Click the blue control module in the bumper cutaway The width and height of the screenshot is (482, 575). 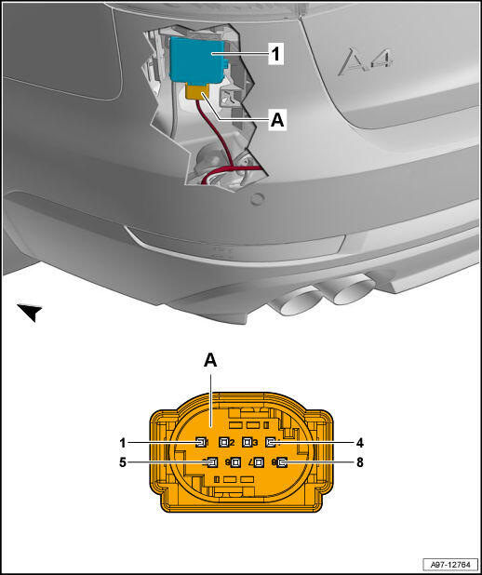point(198,60)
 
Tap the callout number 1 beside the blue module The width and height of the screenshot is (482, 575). point(275,54)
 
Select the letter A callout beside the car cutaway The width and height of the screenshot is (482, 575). point(277,120)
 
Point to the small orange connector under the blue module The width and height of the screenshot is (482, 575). point(197,91)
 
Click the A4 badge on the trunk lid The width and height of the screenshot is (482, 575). point(365,61)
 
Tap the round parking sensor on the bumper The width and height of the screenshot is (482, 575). point(257,199)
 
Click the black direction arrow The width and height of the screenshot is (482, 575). point(30,312)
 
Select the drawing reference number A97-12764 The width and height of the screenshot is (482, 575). point(450,564)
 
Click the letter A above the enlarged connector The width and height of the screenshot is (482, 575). point(210,361)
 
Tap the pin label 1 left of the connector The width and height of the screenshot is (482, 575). point(123,443)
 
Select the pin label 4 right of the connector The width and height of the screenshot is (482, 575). point(360,443)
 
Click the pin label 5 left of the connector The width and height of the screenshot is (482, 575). point(123,462)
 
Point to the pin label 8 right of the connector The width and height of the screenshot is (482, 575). point(360,462)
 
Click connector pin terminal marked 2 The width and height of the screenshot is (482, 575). point(223,443)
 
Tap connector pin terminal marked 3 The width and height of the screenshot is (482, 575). point(247,443)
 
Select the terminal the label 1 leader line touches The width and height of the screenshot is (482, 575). point(200,443)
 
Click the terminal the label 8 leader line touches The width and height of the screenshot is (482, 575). point(282,462)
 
